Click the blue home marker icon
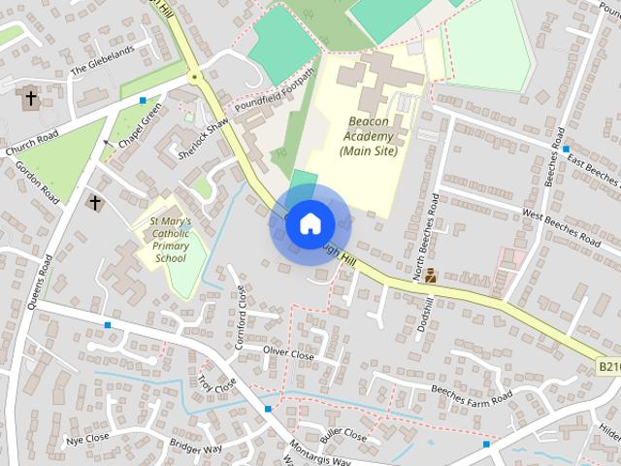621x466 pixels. pyautogui.click(x=310, y=223)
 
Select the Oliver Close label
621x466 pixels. pyautogui.click(x=288, y=351)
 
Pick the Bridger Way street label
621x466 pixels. pyautogui.click(x=196, y=449)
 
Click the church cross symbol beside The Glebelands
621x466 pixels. pyautogui.click(x=31, y=98)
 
